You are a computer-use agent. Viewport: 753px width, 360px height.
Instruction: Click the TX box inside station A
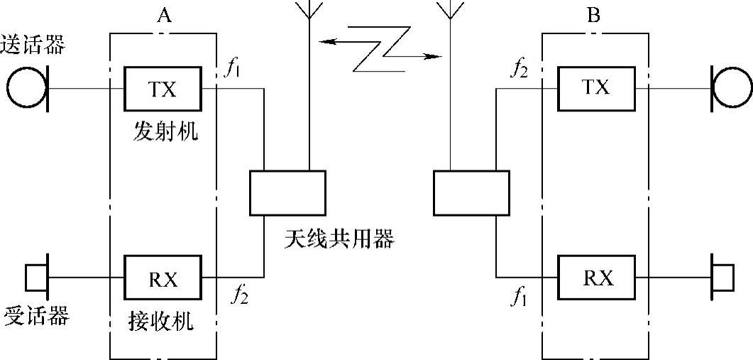click(x=163, y=89)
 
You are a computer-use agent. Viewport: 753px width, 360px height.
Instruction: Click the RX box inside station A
click(x=163, y=277)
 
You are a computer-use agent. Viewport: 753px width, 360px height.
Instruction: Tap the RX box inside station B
click(x=596, y=277)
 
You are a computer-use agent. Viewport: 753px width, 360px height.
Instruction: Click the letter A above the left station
click(x=164, y=16)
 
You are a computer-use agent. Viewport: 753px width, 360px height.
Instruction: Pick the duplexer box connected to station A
click(x=287, y=192)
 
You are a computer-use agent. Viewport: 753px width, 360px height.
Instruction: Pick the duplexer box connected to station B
click(x=471, y=192)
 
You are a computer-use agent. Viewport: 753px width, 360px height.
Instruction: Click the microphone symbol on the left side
click(x=27, y=89)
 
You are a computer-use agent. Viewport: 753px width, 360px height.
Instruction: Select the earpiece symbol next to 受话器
click(x=35, y=277)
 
